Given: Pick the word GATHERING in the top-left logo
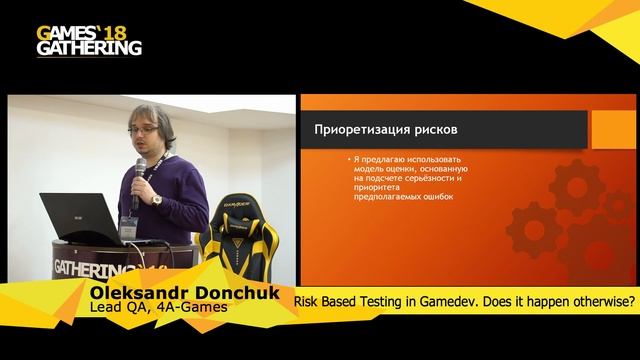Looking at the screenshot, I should point(88,46).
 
